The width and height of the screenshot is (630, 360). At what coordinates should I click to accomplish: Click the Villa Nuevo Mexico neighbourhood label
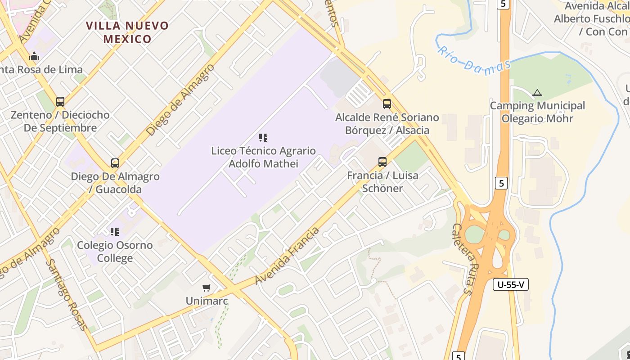tap(127, 32)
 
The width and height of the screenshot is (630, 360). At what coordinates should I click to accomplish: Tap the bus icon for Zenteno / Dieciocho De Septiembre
tap(60, 102)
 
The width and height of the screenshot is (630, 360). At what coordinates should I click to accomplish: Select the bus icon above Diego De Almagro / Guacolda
tap(115, 163)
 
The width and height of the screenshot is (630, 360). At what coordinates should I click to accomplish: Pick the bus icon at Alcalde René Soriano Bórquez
tap(387, 104)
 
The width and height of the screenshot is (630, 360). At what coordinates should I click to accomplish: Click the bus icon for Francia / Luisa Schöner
tap(382, 162)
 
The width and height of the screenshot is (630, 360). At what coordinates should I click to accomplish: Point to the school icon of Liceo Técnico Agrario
tap(263, 138)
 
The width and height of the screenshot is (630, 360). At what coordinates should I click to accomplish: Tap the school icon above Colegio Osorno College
tap(115, 232)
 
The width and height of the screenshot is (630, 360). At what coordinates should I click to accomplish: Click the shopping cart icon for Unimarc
tap(207, 288)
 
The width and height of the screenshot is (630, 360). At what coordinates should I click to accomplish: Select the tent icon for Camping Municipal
tap(537, 93)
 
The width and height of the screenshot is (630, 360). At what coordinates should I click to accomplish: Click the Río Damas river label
tap(474, 62)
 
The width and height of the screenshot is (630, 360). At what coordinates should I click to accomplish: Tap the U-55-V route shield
tap(511, 284)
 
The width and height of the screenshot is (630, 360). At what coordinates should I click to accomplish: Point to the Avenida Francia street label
tap(287, 256)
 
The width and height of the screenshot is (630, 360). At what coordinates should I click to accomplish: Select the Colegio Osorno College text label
tap(115, 252)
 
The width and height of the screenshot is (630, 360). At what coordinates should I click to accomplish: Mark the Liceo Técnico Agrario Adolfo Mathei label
tap(263, 157)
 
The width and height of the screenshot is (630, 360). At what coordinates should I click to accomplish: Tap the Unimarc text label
tap(207, 301)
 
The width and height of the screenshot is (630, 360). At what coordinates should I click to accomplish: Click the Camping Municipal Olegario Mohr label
tap(537, 112)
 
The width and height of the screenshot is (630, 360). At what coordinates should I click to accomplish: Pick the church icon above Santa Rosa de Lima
tap(34, 57)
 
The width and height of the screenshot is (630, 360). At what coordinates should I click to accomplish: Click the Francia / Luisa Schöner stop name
tap(382, 182)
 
